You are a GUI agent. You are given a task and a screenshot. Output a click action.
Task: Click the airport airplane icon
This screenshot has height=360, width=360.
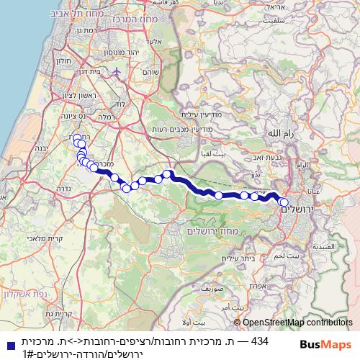coord(117,73)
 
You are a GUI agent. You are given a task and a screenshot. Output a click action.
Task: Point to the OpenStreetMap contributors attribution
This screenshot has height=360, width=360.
coord(298,323)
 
